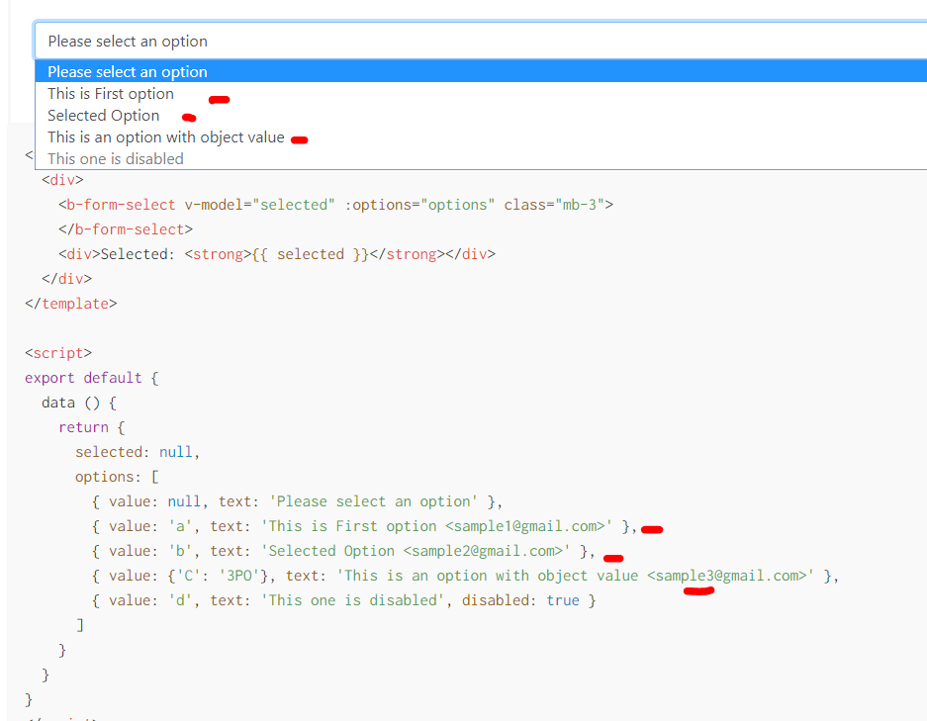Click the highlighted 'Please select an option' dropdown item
click(x=128, y=71)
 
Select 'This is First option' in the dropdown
click(x=111, y=94)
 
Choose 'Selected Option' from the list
click(x=104, y=116)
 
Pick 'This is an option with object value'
click(x=166, y=137)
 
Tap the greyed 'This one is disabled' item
click(x=116, y=159)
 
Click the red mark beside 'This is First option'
click(x=220, y=99)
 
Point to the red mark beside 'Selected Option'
click(x=189, y=119)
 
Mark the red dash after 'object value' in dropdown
click(x=300, y=140)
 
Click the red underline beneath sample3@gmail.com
click(x=698, y=590)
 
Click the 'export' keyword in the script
click(x=49, y=378)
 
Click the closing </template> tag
click(x=71, y=304)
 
